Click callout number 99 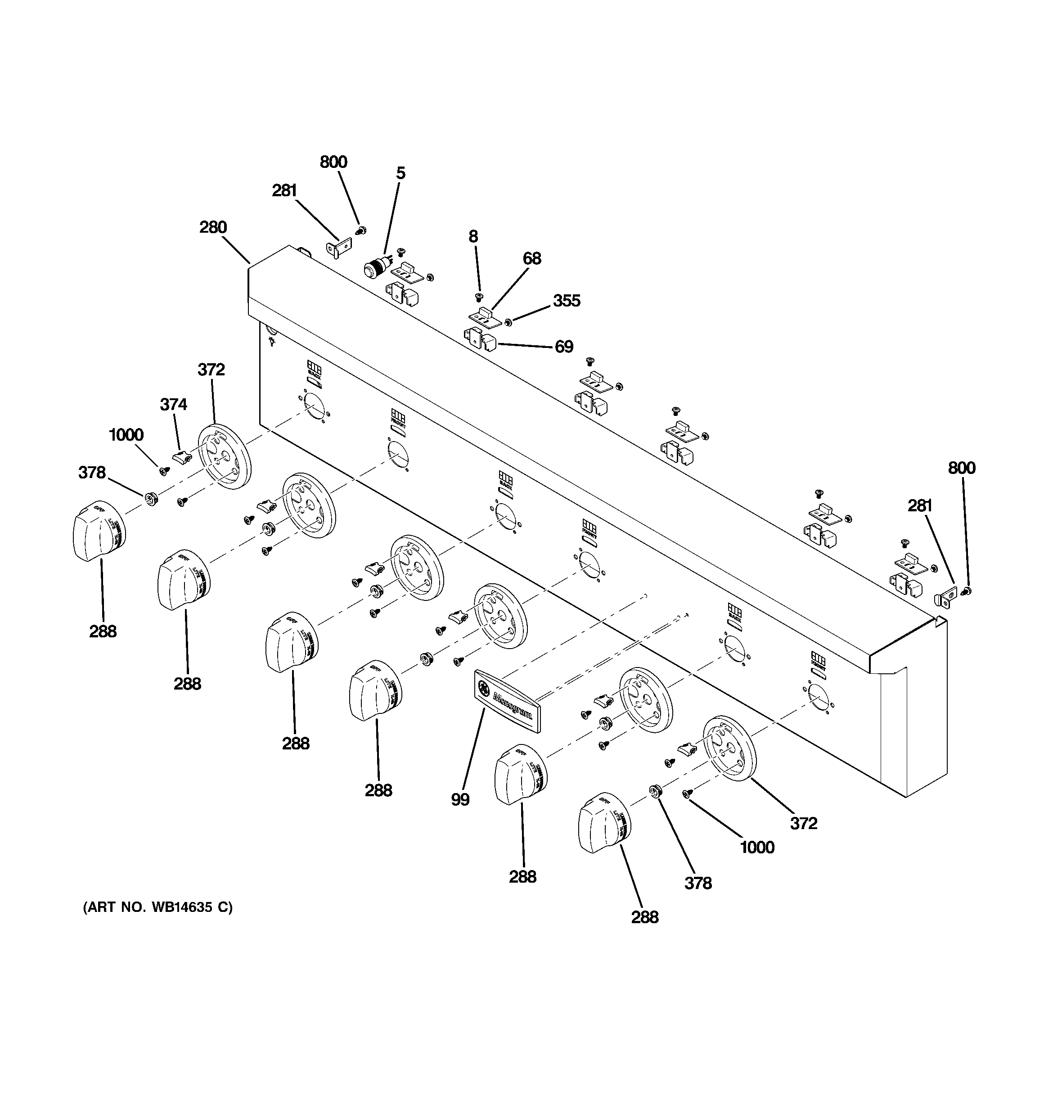click(459, 799)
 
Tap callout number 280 click(213, 227)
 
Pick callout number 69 click(564, 346)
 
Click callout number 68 click(532, 258)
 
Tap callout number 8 click(473, 236)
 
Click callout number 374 click(174, 404)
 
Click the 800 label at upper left click(333, 162)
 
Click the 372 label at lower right click(804, 823)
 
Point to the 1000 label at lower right click(757, 847)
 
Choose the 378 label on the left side click(92, 473)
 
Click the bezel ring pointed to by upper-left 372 click(225, 457)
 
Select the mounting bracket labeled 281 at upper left click(338, 247)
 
